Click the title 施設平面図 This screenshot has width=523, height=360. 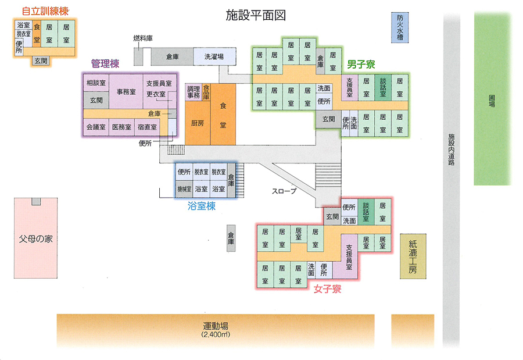pyautogui.click(x=256, y=15)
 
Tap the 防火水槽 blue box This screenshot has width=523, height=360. pyautogui.click(x=400, y=27)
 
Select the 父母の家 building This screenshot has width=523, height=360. pyautogui.click(x=35, y=238)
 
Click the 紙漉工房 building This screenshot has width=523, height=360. pyautogui.click(x=413, y=256)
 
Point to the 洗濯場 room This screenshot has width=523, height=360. pyautogui.click(x=214, y=57)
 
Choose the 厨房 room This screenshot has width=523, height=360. pyautogui.click(x=198, y=123)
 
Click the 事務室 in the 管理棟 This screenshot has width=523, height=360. pyautogui.click(x=126, y=91)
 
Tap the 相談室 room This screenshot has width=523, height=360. pyautogui.click(x=96, y=83)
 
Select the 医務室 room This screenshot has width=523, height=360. pyautogui.click(x=122, y=127)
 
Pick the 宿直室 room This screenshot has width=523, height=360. pyautogui.click(x=147, y=127)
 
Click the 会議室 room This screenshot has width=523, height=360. pyautogui.click(x=96, y=127)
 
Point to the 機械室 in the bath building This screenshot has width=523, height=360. pyautogui.click(x=184, y=188)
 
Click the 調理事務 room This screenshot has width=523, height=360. pyautogui.click(x=194, y=92)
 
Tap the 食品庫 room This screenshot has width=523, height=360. pyautogui.click(x=206, y=92)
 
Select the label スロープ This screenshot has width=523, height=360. pyautogui.click(x=284, y=191)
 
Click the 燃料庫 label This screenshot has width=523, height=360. pyautogui.click(x=143, y=38)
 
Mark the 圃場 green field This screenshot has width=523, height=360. pyautogui.click(x=492, y=101)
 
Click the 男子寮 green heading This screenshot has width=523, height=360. pyautogui.click(x=361, y=64)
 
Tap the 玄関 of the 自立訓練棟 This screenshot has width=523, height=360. pyautogui.click(x=41, y=61)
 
